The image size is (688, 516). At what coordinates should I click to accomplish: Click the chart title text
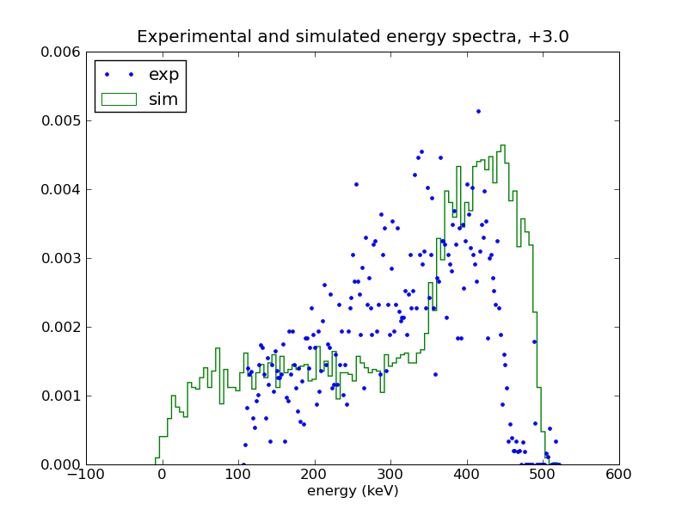353,36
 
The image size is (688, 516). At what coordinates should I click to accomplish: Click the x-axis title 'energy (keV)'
353,490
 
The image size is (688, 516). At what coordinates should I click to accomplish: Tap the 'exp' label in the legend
163,75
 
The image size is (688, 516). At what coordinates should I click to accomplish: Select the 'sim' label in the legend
163,100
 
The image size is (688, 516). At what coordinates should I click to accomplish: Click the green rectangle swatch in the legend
119,100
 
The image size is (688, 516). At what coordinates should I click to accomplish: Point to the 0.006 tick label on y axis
61,52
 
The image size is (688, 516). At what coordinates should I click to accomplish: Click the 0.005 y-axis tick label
61,121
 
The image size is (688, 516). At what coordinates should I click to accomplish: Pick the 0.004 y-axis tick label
61,189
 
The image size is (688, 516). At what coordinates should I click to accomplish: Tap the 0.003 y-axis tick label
61,259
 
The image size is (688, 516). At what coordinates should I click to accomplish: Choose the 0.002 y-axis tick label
61,328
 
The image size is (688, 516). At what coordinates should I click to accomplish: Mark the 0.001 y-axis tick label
61,396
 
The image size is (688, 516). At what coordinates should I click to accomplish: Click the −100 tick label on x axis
86,475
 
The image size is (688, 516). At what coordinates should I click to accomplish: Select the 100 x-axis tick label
239,475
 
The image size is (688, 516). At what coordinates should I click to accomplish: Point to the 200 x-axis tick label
315,475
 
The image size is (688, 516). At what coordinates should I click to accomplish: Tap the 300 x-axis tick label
390,475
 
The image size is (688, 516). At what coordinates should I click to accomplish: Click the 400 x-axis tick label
467,475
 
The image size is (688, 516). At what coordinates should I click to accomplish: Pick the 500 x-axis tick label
543,475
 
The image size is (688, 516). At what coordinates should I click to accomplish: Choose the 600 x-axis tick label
618,475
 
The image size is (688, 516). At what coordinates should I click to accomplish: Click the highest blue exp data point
478,112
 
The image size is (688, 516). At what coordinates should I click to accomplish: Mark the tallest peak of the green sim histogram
503,145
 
